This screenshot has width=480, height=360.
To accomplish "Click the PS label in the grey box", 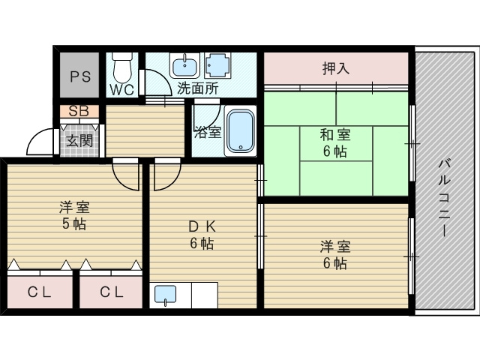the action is pos(80,76).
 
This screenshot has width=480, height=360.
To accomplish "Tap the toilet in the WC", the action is pos(122,67).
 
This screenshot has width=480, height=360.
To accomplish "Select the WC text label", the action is pos(121,90).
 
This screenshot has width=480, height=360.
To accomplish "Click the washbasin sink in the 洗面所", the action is pos(185,65).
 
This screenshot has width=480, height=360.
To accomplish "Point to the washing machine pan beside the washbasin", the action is pos(217,65).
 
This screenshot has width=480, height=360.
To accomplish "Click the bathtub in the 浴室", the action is pos(241,130).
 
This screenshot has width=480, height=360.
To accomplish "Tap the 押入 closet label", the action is pos(336,68).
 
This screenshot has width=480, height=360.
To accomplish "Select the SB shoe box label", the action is pos(79,112).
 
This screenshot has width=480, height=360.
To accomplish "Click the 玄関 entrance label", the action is pos(79,141).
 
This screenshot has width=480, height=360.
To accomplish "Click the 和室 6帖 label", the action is pos(335,143).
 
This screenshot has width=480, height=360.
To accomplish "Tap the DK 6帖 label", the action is pos(202,235).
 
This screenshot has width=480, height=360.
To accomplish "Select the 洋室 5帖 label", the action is pos(74,215).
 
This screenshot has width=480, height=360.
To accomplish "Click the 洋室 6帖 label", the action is pos(335,255).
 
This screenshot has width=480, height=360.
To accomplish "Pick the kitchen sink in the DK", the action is pos(165,295).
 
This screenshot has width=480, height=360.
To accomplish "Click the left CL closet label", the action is pos(39,292).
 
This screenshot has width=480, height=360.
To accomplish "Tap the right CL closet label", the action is pos(112,292).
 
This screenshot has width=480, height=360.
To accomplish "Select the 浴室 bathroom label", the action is pos(208,132).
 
